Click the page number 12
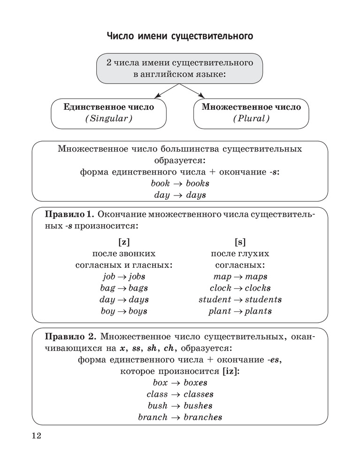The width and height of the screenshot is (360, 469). tap(36, 436)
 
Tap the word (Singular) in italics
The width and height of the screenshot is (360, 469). tap(108, 119)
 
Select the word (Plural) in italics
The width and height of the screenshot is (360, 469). tap(251, 119)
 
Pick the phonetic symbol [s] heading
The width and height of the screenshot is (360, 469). tap(240, 242)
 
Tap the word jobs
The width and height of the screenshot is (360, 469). tap(137, 277)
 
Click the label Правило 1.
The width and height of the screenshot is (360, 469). tap(69, 214)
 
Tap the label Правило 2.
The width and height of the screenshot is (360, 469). tap(70, 337)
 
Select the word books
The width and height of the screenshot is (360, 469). tap(197, 183)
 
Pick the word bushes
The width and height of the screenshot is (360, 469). tap(198, 406)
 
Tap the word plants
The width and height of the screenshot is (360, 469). tap(258, 311)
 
